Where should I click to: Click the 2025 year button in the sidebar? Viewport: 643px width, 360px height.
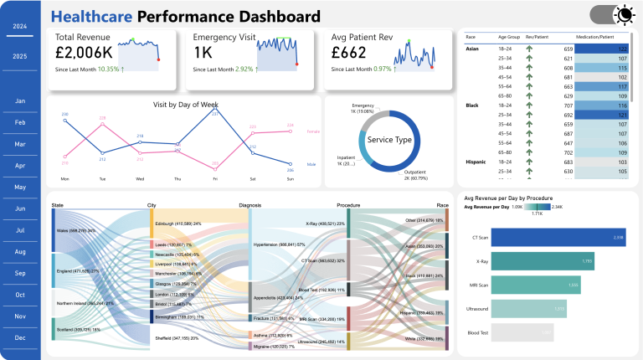(x=19, y=56)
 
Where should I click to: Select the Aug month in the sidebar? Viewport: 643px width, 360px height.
(x=20, y=251)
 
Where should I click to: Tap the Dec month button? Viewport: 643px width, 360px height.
(x=20, y=337)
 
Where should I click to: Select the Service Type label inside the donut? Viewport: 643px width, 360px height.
(x=388, y=140)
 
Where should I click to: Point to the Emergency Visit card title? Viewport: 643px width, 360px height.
(x=224, y=38)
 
